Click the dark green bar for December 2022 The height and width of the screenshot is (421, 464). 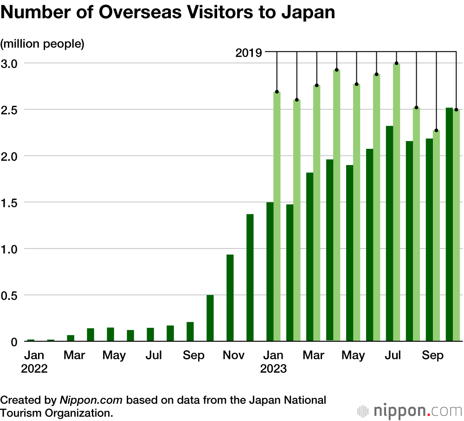(x=250, y=278)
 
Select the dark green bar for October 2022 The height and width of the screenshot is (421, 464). (x=210, y=318)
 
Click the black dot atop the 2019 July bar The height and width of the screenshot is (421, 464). (x=396, y=63)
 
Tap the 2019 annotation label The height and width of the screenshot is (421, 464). (x=249, y=53)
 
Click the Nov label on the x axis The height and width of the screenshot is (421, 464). (x=233, y=356)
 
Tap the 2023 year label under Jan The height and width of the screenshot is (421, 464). (x=273, y=370)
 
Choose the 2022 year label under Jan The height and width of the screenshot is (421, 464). (x=34, y=370)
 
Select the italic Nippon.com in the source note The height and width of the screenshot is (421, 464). (x=91, y=400)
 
